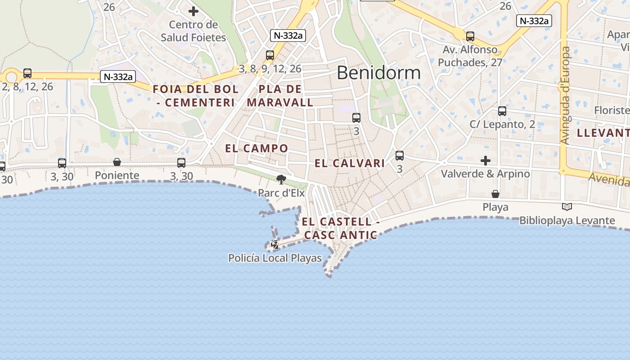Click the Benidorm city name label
click(378, 72)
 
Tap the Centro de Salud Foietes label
click(193, 31)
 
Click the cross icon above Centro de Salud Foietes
click(193, 11)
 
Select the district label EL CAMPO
click(256, 148)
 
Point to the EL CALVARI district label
click(350, 163)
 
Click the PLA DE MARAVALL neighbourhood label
click(280, 96)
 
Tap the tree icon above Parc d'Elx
click(281, 180)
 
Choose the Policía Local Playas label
click(275, 258)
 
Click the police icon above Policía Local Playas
click(274, 245)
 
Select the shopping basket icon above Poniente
click(117, 162)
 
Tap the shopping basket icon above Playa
click(495, 194)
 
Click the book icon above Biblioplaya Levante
click(567, 207)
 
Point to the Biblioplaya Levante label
click(567, 220)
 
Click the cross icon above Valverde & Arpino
click(486, 161)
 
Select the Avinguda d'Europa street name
click(565, 95)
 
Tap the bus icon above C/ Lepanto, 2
click(502, 111)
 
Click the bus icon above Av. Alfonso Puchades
click(470, 36)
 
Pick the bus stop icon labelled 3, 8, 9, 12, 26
click(270, 55)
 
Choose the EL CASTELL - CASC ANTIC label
click(341, 228)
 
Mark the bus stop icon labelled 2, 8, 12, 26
click(27, 73)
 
